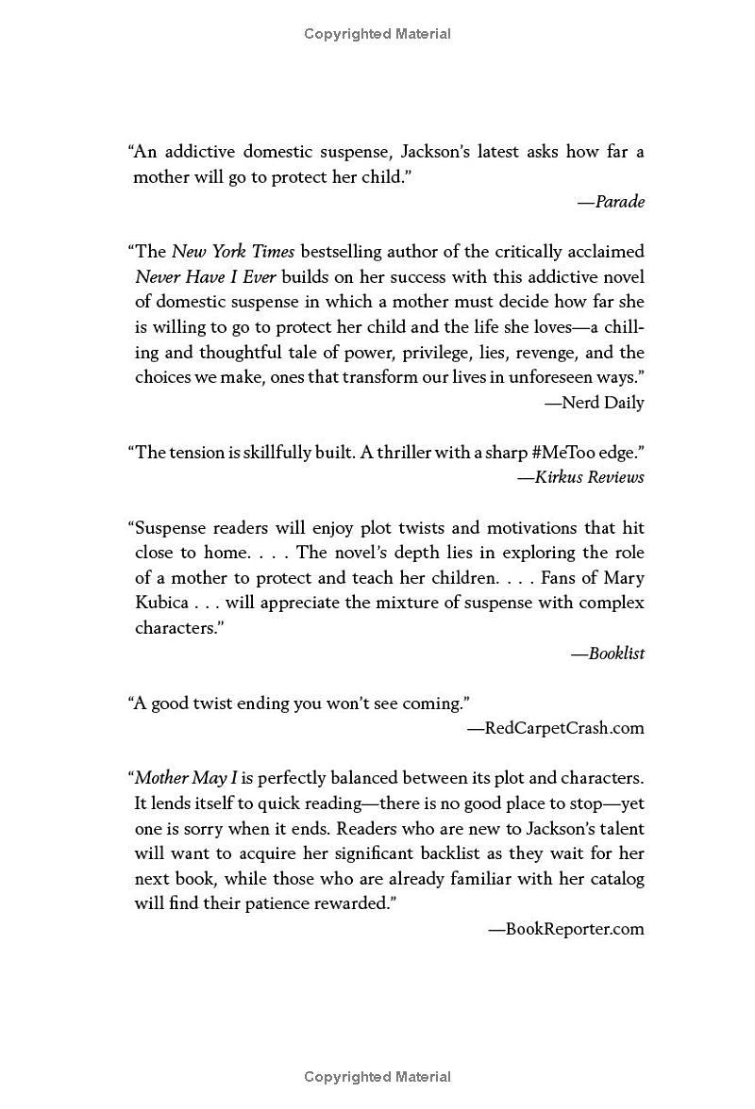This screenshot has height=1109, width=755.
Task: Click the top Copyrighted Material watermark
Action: (x=377, y=34)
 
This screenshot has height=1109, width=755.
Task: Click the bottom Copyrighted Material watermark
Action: (x=377, y=1076)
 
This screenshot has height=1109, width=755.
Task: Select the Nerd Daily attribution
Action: (x=595, y=403)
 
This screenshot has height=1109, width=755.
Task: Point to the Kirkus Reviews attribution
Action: (x=581, y=477)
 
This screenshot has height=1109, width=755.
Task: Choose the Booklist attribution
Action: (x=608, y=653)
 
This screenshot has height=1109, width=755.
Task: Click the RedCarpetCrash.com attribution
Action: (x=557, y=727)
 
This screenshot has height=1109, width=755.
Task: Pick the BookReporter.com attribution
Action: (x=566, y=929)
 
